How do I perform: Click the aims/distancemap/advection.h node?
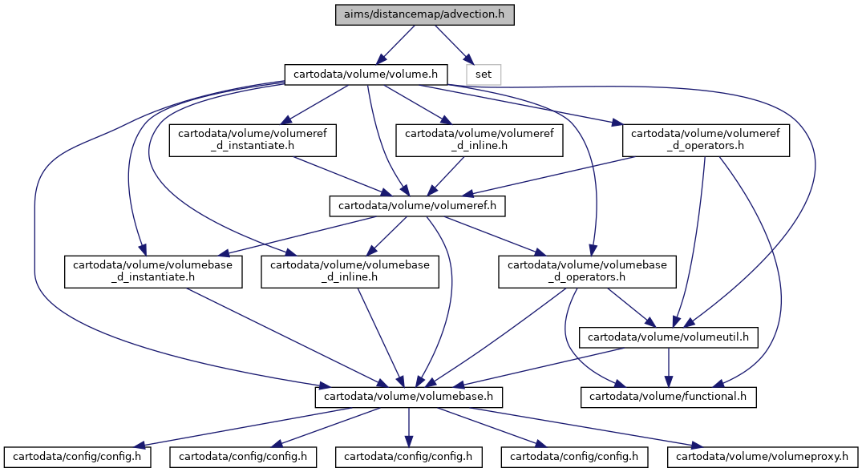tap(424, 14)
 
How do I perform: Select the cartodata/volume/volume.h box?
tap(366, 75)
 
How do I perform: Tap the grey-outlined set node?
tap(484, 75)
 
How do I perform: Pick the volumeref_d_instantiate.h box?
tap(253, 140)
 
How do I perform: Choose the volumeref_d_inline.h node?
tap(479, 140)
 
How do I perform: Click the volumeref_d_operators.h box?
tap(706, 140)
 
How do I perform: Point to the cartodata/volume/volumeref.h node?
tap(417, 206)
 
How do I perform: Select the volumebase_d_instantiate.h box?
tap(153, 272)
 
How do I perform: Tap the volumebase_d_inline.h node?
tap(350, 272)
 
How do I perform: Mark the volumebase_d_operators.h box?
tap(587, 272)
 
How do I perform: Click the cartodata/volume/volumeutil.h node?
tap(669, 337)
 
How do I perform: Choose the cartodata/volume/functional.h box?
tap(669, 397)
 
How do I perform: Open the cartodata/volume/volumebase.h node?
tap(408, 397)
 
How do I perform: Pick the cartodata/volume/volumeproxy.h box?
tap(763, 457)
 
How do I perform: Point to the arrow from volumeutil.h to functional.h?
tap(669, 367)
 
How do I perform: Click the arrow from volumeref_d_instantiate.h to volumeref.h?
tap(342, 176)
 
